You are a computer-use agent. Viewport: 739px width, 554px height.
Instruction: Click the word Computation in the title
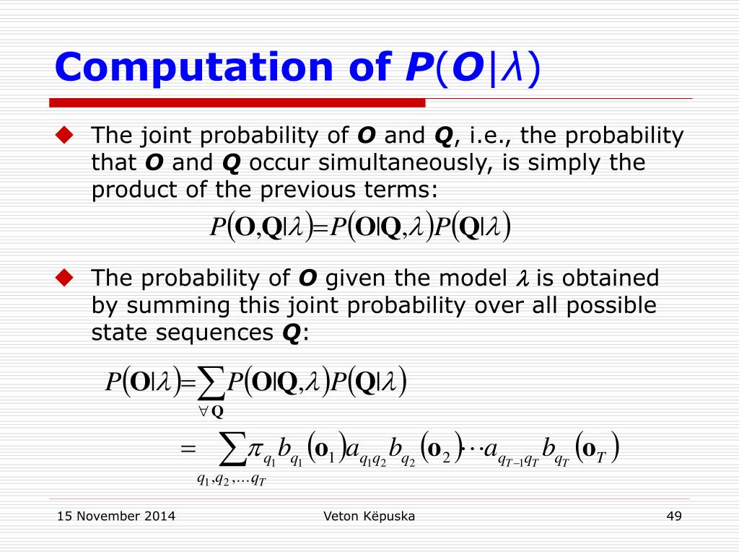(x=194, y=68)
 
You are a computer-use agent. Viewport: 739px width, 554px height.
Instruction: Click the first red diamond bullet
(x=64, y=135)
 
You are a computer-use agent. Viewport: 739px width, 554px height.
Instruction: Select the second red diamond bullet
(x=64, y=278)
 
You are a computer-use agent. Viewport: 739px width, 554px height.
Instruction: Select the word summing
(x=178, y=306)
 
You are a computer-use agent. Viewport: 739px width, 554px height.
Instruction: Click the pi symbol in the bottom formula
(x=255, y=449)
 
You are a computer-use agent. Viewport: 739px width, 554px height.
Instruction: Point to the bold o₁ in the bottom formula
(x=323, y=450)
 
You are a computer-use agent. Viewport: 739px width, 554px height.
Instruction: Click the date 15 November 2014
(x=116, y=516)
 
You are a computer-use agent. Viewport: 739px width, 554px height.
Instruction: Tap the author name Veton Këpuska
(x=369, y=516)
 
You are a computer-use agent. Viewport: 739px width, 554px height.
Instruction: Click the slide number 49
(x=674, y=516)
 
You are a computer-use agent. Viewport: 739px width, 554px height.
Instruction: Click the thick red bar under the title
(x=237, y=102)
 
